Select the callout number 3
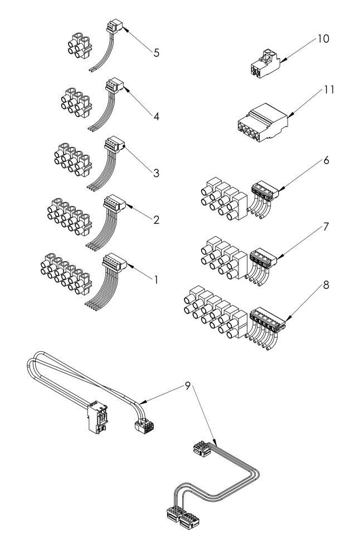[157, 173]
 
